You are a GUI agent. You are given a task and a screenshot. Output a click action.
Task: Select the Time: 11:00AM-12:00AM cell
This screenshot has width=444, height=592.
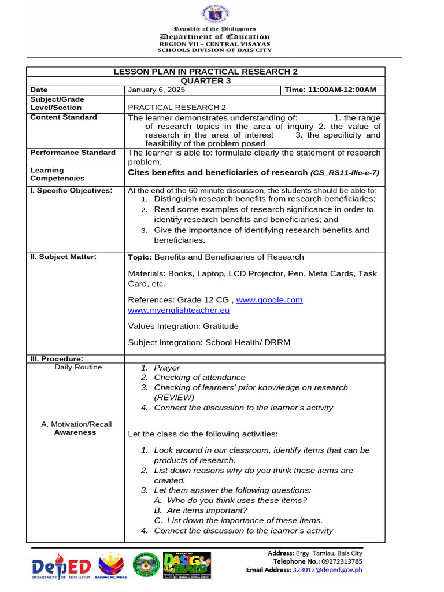[x=330, y=90]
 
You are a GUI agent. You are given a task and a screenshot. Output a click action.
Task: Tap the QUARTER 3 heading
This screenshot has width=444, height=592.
[x=205, y=81]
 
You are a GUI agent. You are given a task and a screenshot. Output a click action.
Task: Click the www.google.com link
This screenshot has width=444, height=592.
[x=269, y=300]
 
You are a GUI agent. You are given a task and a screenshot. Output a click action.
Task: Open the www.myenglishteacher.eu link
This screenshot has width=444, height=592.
[x=176, y=310]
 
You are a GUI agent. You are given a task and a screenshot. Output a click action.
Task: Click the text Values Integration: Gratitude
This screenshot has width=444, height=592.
[x=183, y=326]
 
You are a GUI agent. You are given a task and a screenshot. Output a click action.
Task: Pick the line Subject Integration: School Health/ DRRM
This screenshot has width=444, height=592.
[x=209, y=342]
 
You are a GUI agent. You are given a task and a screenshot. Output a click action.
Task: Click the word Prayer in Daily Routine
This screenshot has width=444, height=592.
[x=166, y=368]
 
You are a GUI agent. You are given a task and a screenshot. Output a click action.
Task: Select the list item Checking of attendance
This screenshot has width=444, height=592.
[x=199, y=378]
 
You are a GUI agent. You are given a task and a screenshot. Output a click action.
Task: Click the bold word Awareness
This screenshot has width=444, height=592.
[x=75, y=432]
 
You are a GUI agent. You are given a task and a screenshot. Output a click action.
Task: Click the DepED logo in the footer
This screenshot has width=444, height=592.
[x=62, y=565]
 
